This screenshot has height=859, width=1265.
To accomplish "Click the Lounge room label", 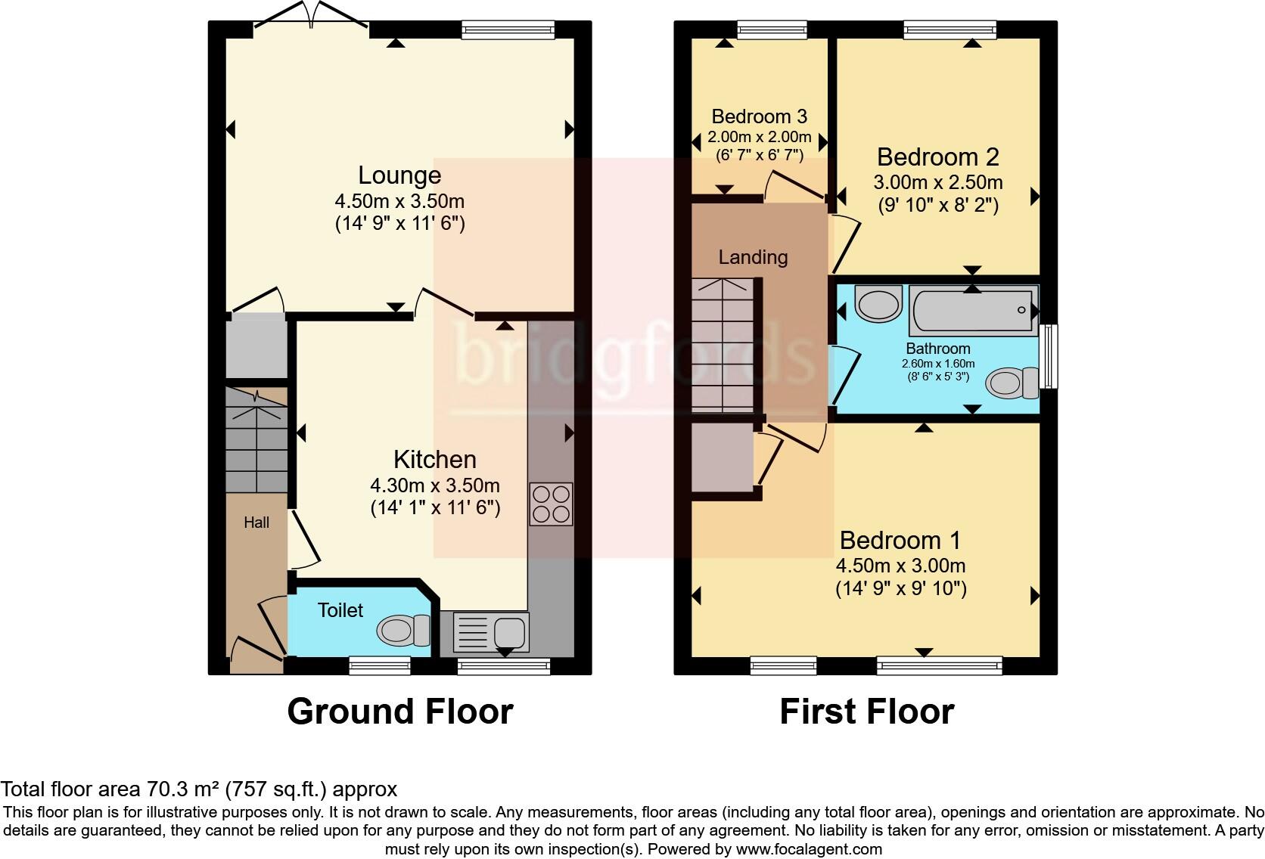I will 399,175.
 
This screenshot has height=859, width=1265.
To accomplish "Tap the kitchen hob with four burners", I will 551,504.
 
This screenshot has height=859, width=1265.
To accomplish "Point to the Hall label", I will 256,523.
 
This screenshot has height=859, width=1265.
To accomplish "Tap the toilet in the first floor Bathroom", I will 1012,383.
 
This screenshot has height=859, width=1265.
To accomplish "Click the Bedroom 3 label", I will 759,116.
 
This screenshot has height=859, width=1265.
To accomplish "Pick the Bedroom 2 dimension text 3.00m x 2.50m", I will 937,182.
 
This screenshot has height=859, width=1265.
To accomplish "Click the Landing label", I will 753,257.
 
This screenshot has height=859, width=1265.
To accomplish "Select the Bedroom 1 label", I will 900,540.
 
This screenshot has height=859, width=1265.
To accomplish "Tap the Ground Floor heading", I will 400,712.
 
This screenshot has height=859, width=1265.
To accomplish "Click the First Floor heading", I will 866,712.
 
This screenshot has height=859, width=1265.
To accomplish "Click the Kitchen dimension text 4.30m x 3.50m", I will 435,485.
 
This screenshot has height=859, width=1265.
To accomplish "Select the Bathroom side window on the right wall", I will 1048,356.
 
